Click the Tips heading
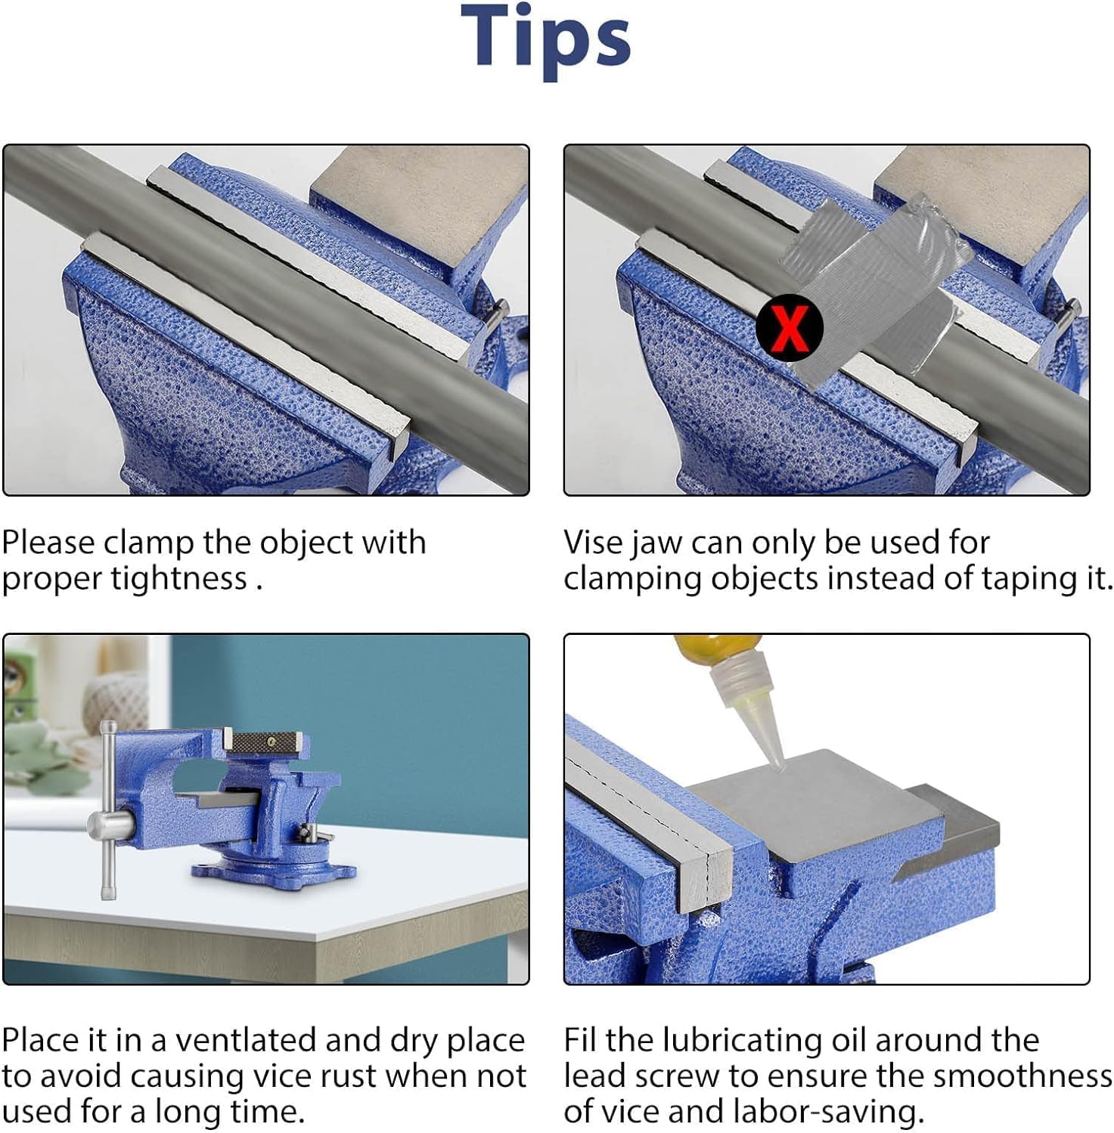pos(545,39)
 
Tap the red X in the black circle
pos(790,328)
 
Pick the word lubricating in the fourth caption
pos(758,1042)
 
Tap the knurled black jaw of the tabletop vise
pos(266,742)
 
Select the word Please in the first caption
pos(48,543)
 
